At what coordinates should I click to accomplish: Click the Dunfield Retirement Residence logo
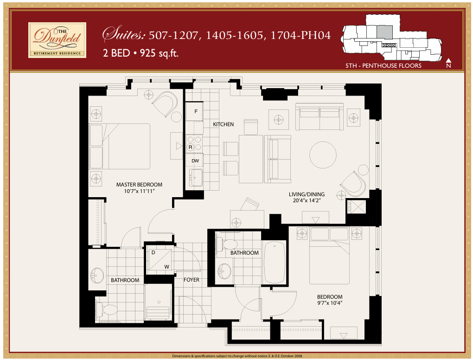tap(57, 40)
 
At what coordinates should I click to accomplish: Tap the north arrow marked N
tap(448, 63)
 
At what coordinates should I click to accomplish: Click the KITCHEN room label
tap(224, 124)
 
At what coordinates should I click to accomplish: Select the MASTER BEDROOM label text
tap(139, 185)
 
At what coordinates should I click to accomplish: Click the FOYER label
tap(191, 280)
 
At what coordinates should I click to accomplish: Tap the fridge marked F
tap(195, 112)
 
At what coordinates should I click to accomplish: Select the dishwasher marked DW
tap(195, 161)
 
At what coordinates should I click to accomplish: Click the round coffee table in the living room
tap(323, 154)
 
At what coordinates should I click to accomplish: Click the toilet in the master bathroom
tap(108, 310)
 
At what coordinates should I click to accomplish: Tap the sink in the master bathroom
tap(98, 276)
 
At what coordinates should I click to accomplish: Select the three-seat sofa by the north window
tap(320, 117)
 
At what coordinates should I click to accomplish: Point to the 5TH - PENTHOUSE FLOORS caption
tap(383, 66)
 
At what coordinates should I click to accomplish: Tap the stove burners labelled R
tap(194, 143)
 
